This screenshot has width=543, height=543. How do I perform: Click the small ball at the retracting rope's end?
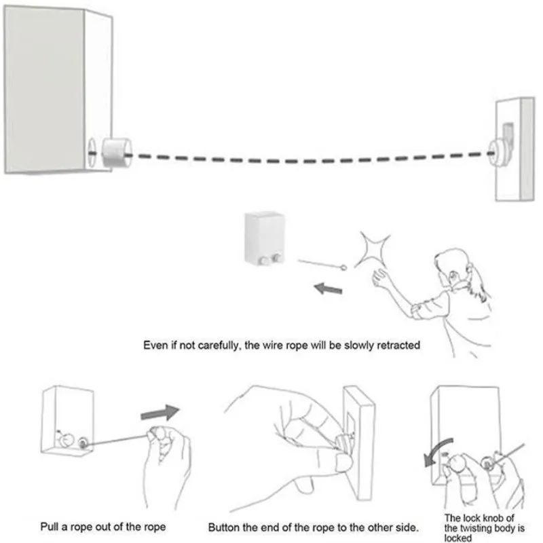pyautogui.click(x=345, y=268)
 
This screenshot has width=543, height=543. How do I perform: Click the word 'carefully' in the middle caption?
pyautogui.click(x=210, y=345)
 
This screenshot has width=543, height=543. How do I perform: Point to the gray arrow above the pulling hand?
pyautogui.click(x=160, y=412)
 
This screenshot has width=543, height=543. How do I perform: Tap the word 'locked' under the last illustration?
pyautogui.click(x=458, y=538)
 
